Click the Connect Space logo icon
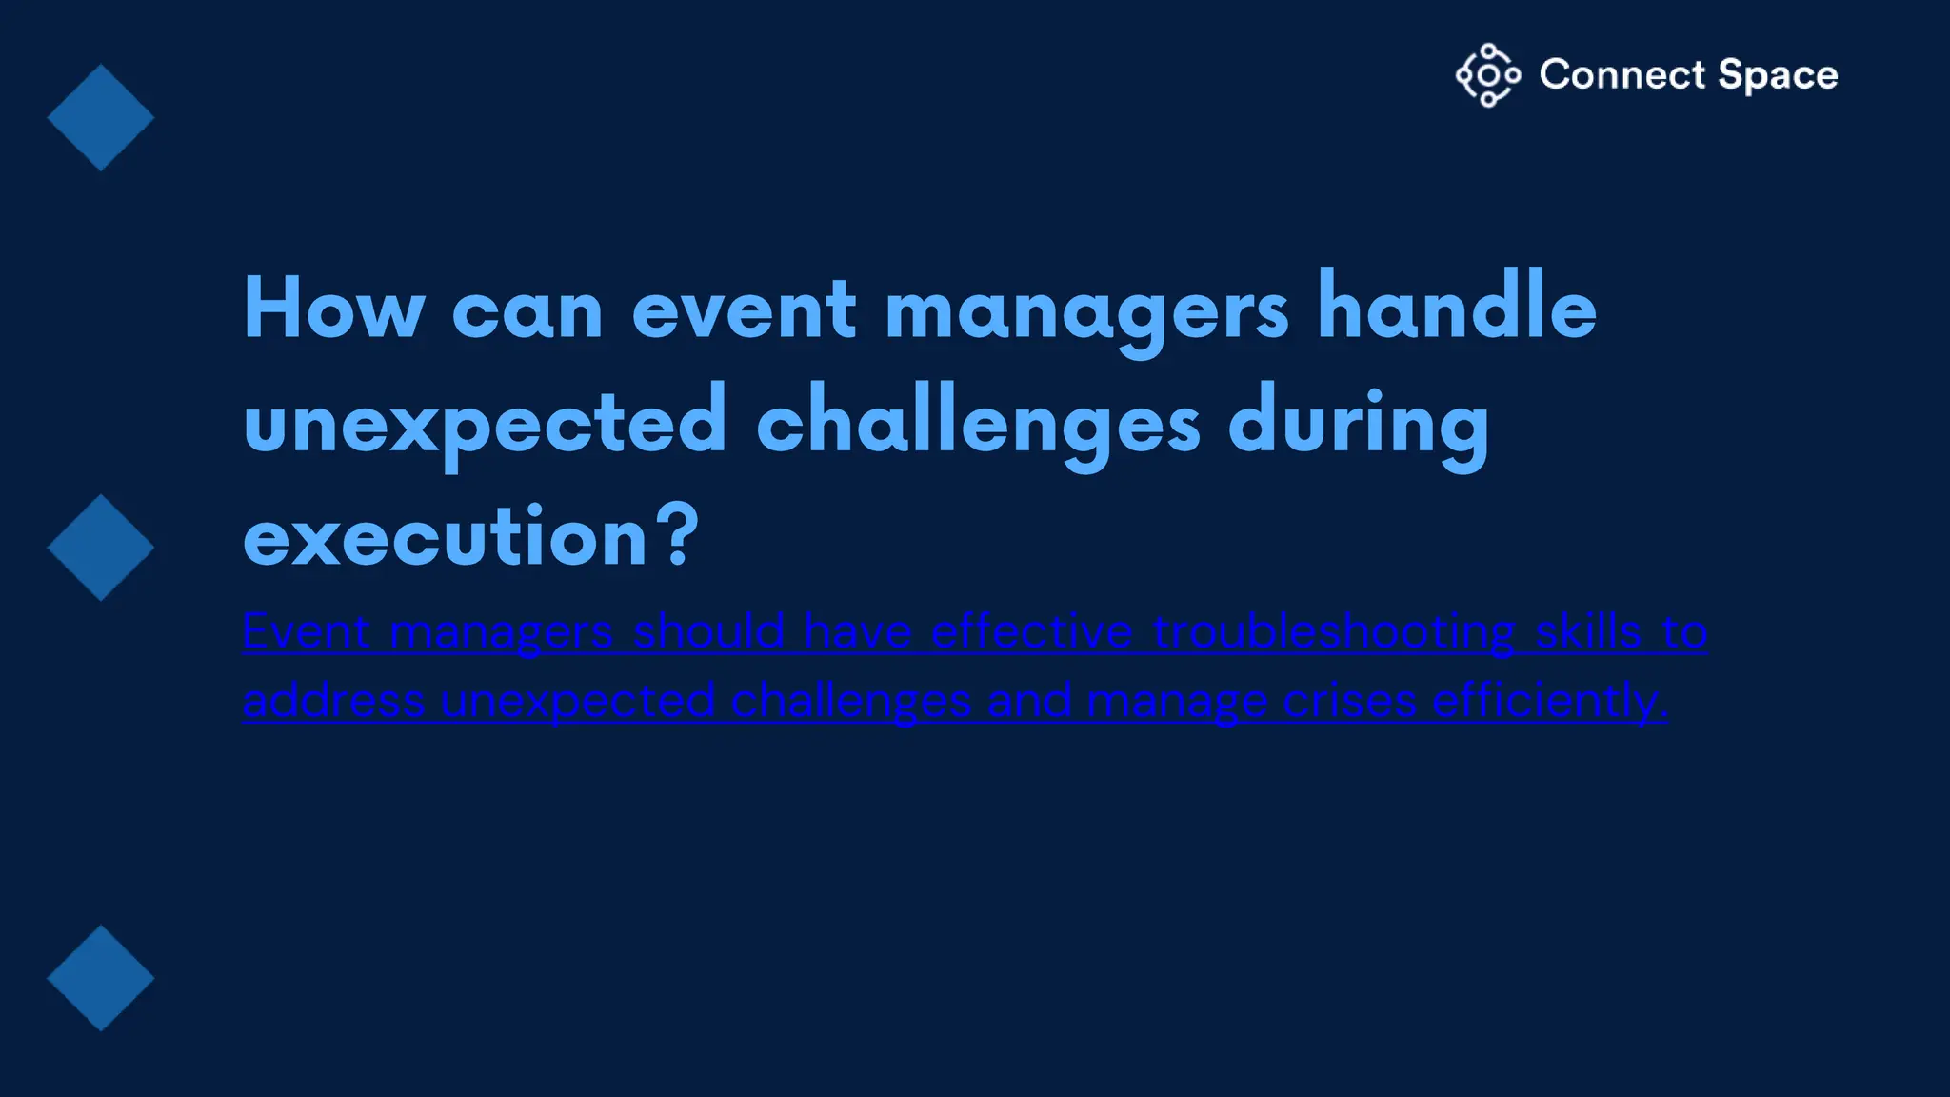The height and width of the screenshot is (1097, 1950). pos(1487,75)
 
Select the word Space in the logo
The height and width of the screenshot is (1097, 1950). pos(1778,76)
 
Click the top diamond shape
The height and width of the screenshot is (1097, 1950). pos(100,118)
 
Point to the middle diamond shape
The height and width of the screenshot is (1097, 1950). pos(100,548)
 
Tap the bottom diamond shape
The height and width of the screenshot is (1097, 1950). pos(100,978)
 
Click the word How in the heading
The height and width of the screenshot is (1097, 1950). pos(333,309)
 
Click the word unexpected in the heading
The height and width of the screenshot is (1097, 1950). pos(485,425)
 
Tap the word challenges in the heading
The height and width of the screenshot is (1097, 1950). pos(978,425)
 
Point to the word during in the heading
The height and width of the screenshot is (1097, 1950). pos(1359,425)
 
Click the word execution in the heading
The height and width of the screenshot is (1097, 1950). pos(446,537)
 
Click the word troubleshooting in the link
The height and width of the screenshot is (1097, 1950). pos(1334,632)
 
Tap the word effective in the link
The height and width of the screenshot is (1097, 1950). pos(1031,631)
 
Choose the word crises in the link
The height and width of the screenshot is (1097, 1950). pos(1349,702)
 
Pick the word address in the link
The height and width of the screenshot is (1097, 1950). pos(333,702)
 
